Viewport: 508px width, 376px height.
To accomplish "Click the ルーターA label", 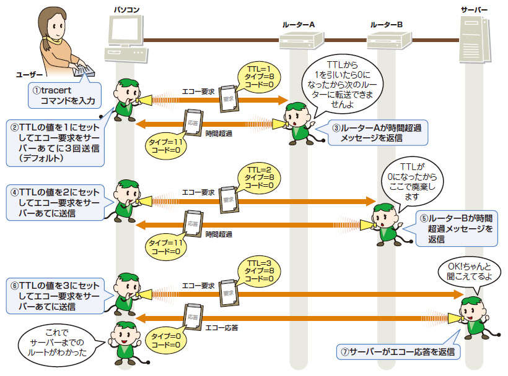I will (x=299, y=23).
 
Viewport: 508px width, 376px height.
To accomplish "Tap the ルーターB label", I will (x=387, y=23).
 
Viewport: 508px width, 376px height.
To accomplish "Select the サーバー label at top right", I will (x=474, y=11).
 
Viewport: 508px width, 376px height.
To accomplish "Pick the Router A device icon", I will (x=299, y=41).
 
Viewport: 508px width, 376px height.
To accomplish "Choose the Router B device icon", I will (x=387, y=41).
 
